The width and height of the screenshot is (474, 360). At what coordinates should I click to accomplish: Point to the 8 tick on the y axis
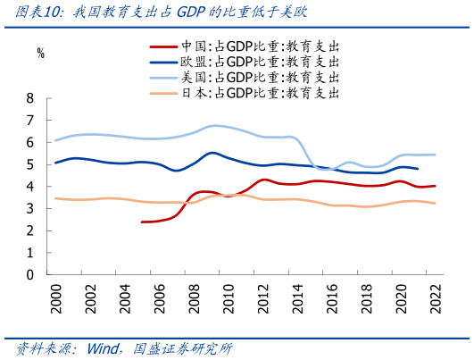pyautogui.click(x=30, y=98)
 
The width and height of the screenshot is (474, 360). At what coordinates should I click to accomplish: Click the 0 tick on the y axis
pyautogui.click(x=30, y=275)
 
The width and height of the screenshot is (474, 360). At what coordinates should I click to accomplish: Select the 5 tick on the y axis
pyautogui.click(x=30, y=164)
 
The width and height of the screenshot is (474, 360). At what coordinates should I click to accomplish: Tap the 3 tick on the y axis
pyautogui.click(x=30, y=209)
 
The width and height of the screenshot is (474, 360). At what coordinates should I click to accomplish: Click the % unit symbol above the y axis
pyautogui.click(x=40, y=53)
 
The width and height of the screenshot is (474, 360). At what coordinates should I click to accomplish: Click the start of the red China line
pyautogui.click(x=142, y=222)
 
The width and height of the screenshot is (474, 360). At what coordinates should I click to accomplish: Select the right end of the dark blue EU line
pyautogui.click(x=417, y=169)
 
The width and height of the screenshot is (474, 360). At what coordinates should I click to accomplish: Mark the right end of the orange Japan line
pyautogui.click(x=435, y=204)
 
